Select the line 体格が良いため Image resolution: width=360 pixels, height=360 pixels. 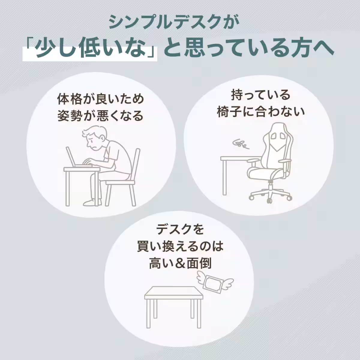(100, 99)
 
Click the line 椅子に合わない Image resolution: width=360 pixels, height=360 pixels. (261, 112)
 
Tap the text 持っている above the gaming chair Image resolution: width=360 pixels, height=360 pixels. (261, 95)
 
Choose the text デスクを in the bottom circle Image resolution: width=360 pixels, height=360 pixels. (180, 229)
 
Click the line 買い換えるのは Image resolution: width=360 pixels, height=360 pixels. (180, 247)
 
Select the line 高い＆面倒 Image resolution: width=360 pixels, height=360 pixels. (180, 264)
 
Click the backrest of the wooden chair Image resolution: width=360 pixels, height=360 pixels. (135, 162)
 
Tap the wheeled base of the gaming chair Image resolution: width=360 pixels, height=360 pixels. (270, 195)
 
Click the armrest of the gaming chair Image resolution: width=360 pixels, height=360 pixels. (253, 162)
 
